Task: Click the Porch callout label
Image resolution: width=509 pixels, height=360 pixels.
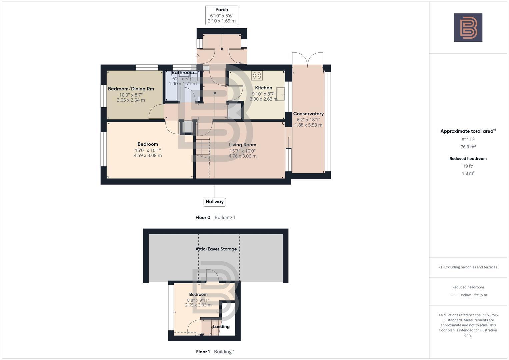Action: (x=222, y=10)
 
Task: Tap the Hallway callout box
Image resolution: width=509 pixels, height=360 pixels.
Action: (x=215, y=202)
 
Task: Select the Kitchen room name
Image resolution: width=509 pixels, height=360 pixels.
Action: (x=264, y=88)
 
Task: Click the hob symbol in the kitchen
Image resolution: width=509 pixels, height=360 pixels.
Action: (x=257, y=75)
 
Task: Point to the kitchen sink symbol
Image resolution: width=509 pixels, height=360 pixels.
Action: (x=280, y=94)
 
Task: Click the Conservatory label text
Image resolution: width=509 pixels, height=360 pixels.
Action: (x=308, y=114)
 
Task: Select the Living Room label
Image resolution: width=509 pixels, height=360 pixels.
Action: (x=242, y=145)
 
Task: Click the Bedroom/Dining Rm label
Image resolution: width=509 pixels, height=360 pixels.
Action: (x=131, y=89)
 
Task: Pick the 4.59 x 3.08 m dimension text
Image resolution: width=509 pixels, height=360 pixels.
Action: (x=148, y=155)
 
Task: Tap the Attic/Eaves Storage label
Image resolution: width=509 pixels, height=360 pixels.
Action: (x=216, y=249)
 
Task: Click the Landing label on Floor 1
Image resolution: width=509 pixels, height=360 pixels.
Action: (x=221, y=327)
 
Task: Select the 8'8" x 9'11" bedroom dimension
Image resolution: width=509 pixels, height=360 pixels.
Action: (x=198, y=300)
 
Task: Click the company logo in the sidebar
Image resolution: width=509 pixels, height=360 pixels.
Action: (x=468, y=28)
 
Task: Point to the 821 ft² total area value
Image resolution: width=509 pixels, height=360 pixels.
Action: (x=468, y=140)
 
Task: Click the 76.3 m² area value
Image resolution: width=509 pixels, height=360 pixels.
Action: (x=468, y=147)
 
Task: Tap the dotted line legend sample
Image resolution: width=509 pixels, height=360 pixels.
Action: (x=454, y=295)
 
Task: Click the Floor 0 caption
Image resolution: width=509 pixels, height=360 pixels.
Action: (x=203, y=217)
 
